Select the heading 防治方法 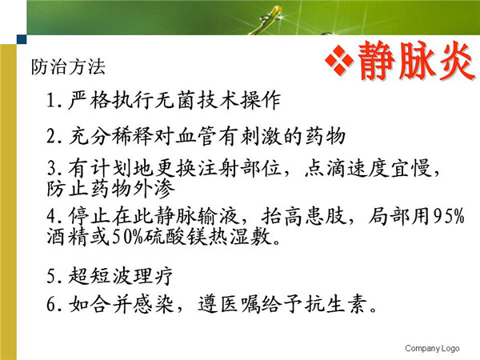[x=68, y=66]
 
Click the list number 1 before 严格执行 [x=51, y=100]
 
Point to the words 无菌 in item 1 [x=175, y=100]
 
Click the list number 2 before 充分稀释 [x=51, y=136]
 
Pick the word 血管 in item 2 [x=197, y=136]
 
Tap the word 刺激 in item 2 [x=261, y=136]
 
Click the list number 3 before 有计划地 [x=51, y=168]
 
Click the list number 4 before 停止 [x=51, y=217]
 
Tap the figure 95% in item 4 [x=449, y=217]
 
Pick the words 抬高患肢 [x=304, y=217]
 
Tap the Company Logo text [x=432, y=348]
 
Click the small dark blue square [x=22, y=39]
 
